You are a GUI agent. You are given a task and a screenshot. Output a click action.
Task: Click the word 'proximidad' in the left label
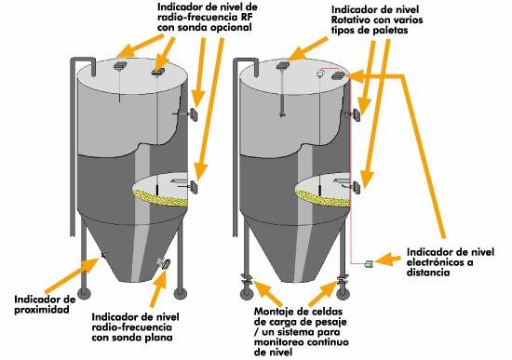(x=42, y=310)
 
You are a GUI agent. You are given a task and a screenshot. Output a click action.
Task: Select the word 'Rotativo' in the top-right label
(x=351, y=20)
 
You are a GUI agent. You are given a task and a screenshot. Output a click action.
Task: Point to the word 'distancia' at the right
(x=428, y=273)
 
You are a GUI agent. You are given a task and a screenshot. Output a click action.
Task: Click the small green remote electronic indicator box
(x=369, y=263)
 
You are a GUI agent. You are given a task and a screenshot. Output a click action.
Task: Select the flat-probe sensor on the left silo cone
(x=163, y=263)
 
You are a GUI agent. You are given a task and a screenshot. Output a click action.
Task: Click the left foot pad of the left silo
(x=83, y=293)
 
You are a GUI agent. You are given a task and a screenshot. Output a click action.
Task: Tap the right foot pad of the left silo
(x=180, y=293)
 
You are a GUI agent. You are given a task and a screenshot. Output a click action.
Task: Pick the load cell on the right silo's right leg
(x=343, y=280)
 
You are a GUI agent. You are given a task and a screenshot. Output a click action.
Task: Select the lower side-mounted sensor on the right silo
(x=355, y=187)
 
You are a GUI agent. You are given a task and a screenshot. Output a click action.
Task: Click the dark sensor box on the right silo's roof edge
(x=337, y=76)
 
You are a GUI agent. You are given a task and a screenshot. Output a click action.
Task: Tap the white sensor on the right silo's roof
(x=320, y=73)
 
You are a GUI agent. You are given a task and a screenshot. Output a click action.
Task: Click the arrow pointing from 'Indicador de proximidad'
(x=72, y=275)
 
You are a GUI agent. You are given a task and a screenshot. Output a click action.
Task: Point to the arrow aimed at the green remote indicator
(x=387, y=260)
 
